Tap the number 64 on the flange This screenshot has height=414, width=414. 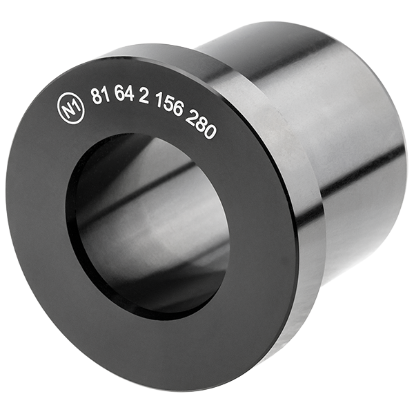[124, 97]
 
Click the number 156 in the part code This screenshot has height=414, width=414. [168, 110]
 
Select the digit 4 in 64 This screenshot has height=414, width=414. [129, 97]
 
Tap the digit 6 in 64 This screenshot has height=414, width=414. [119, 96]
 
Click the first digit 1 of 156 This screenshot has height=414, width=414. [160, 106]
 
